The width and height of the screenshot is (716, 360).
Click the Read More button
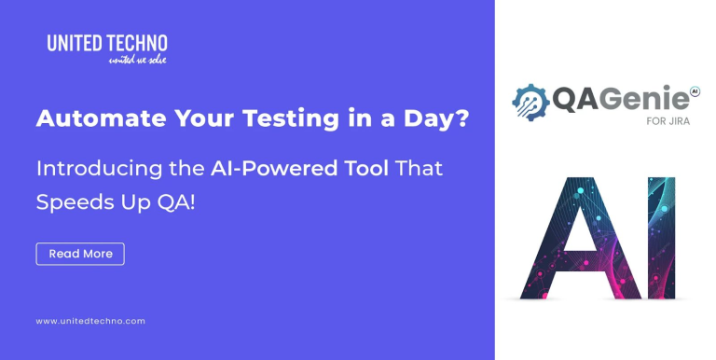[80, 254]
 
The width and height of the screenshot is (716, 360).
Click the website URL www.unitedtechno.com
[90, 321]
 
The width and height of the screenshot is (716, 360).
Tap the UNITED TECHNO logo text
[107, 42]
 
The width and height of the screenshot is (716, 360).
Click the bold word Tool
[362, 169]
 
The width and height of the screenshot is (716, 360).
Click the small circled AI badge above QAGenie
[694, 90]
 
